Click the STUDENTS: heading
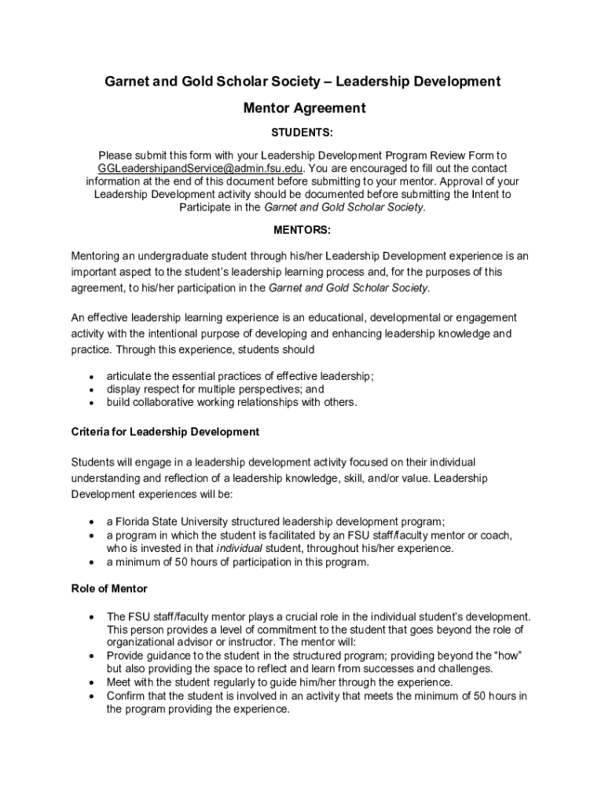302,133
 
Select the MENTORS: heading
302,230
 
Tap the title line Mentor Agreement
302,108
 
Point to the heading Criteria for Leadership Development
165,432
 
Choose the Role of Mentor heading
109,588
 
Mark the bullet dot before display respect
93,389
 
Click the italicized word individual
240,548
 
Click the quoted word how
508,655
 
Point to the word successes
398,668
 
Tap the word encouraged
368,168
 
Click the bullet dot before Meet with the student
93,682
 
